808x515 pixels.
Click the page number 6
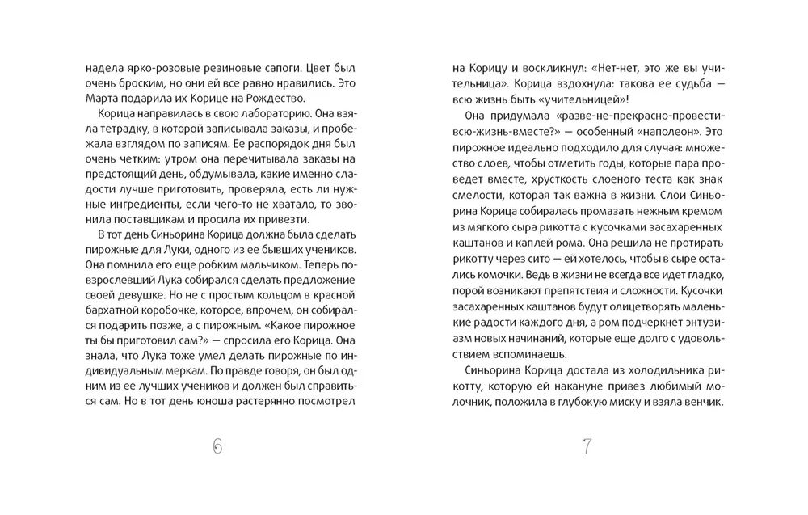click(217, 446)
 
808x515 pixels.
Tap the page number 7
click(587, 446)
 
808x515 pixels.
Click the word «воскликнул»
click(532, 70)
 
